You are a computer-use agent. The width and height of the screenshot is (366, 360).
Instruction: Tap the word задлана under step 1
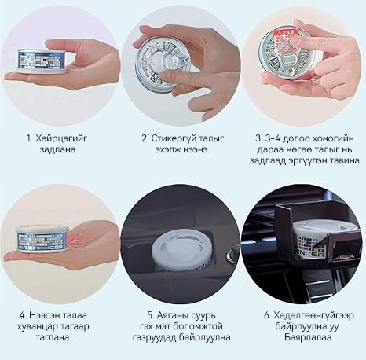click(57, 149)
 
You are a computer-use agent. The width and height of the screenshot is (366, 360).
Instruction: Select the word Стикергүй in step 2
click(174, 138)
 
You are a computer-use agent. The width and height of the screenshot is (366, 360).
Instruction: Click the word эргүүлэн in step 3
click(308, 160)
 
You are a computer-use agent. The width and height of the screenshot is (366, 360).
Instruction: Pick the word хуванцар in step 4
click(36, 327)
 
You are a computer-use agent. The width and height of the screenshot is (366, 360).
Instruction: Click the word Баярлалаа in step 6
click(308, 337)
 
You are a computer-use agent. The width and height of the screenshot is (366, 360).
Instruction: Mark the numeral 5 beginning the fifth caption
click(150, 315)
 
